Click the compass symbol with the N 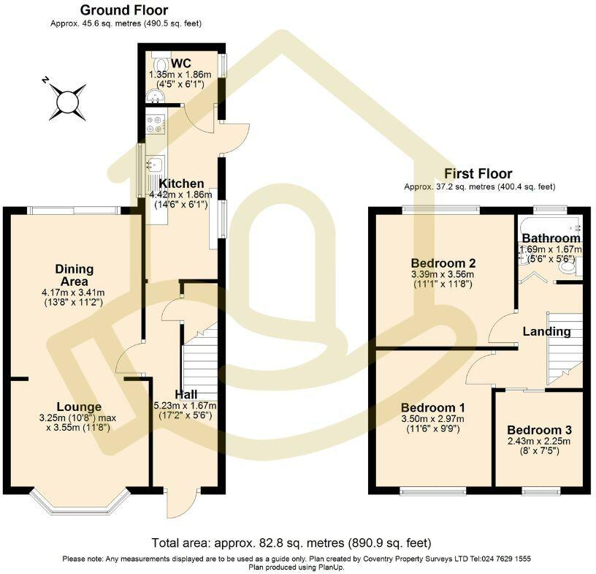click(x=68, y=102)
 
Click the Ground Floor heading click(x=123, y=10)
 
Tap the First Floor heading click(x=478, y=174)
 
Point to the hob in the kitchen click(x=156, y=124)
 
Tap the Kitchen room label click(x=177, y=184)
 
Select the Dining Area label click(x=74, y=276)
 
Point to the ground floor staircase click(x=199, y=359)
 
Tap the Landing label click(x=546, y=331)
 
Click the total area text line click(x=291, y=543)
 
